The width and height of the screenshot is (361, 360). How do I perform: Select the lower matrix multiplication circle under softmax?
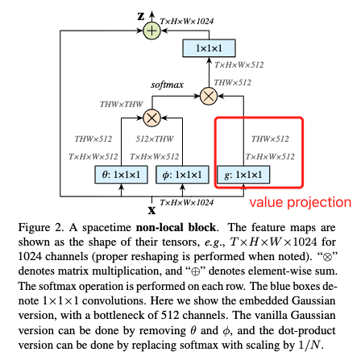point(151,118)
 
